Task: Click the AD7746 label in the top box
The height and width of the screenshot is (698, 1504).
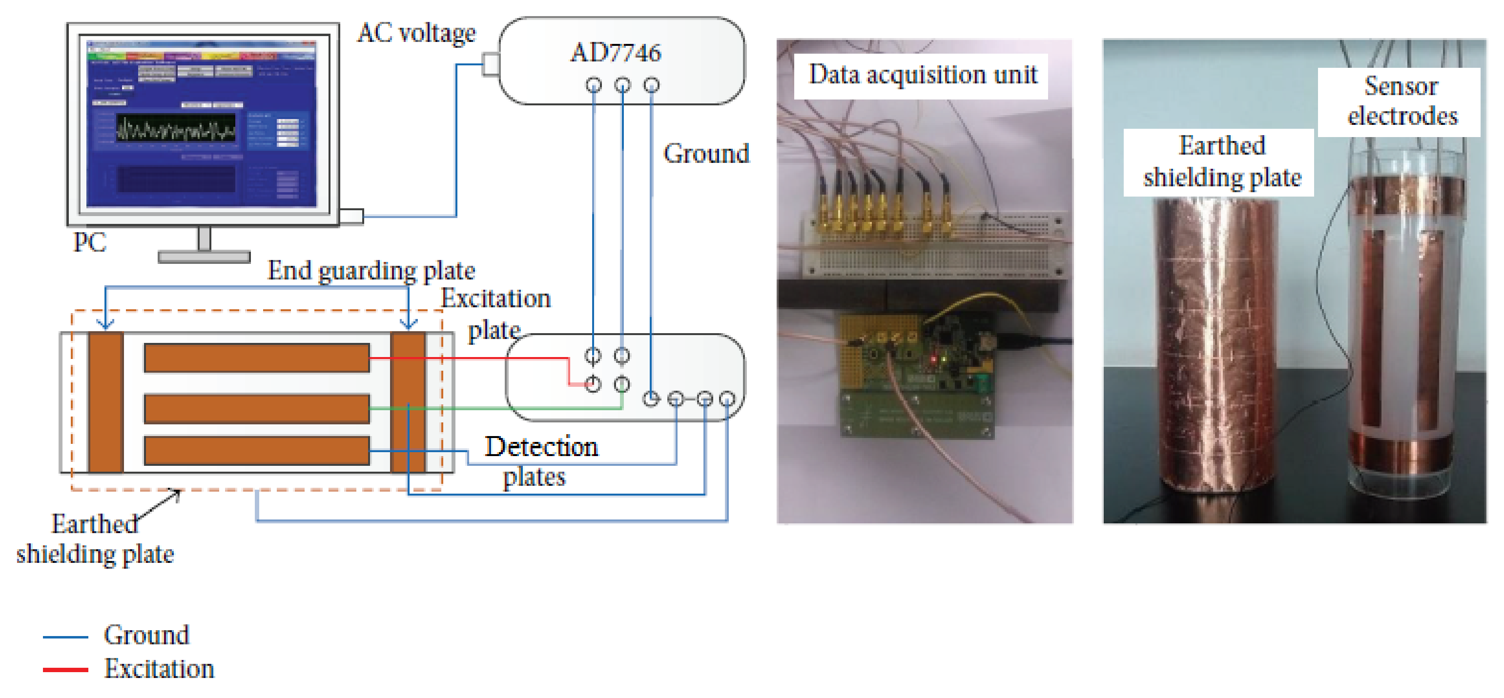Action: click(x=616, y=53)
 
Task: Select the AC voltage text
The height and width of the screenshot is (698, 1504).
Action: click(x=416, y=33)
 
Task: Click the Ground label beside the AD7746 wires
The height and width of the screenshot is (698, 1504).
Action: click(x=705, y=154)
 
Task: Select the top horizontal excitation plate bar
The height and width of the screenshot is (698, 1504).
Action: click(x=256, y=358)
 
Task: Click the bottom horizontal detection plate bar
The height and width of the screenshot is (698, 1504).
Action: click(x=256, y=451)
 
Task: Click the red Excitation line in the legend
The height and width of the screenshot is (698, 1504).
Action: click(x=65, y=669)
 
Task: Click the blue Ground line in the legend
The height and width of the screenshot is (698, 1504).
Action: click(x=65, y=637)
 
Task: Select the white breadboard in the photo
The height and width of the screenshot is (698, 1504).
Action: click(x=934, y=245)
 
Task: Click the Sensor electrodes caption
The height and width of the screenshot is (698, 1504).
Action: click(x=1401, y=101)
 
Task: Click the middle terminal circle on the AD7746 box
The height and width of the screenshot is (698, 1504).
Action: click(x=622, y=85)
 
